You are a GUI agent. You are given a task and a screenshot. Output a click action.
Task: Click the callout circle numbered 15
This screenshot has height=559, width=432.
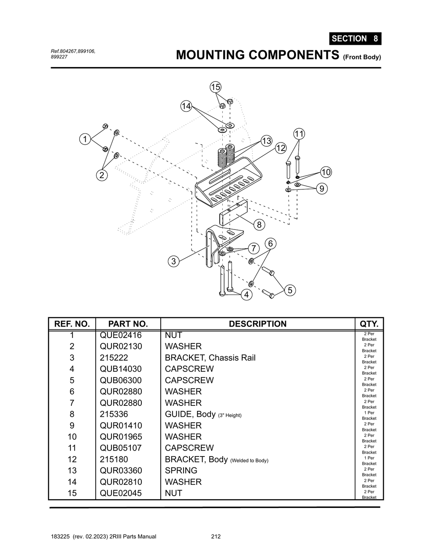click(216, 87)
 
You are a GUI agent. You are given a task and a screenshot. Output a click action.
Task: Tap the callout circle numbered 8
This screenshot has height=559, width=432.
click(259, 225)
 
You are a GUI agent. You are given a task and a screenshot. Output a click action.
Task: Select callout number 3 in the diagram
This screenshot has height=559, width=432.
click(173, 261)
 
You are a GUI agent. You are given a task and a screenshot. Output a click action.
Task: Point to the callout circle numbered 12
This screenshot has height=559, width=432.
click(281, 148)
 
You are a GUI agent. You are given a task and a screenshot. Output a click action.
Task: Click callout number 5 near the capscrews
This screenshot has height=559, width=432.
click(289, 290)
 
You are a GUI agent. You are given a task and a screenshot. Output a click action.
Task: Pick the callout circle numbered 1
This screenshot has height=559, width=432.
click(85, 139)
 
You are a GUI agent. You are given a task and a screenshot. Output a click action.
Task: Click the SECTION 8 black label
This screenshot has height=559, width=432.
click(355, 38)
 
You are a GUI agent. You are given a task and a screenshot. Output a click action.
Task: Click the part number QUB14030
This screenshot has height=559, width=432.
click(121, 369)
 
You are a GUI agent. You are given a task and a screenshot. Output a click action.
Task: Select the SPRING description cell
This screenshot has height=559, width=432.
click(181, 470)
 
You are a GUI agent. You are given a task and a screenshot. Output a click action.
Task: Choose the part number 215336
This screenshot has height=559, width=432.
click(114, 414)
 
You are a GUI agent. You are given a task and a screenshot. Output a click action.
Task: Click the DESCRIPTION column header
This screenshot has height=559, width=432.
click(257, 324)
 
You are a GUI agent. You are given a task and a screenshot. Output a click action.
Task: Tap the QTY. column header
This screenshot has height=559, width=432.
click(369, 324)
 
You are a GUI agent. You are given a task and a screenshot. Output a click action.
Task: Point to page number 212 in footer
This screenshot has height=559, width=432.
click(216, 537)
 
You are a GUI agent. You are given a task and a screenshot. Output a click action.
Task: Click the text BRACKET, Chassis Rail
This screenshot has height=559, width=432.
click(210, 358)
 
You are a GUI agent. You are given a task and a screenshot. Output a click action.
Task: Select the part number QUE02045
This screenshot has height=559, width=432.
click(121, 493)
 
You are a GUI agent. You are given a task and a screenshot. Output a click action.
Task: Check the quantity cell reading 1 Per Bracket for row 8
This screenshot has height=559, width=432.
click(369, 416)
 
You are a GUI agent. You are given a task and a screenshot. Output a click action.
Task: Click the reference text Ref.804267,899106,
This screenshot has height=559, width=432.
click(73, 51)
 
